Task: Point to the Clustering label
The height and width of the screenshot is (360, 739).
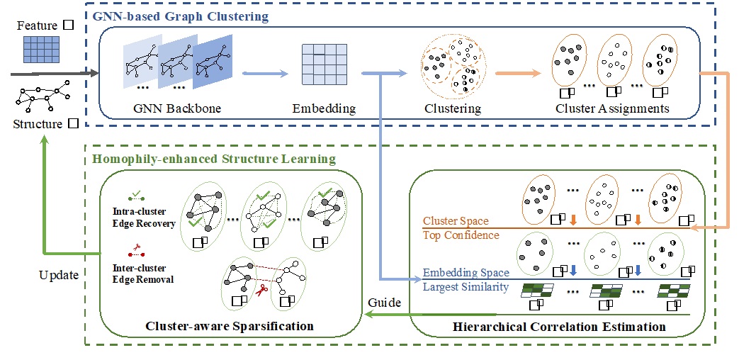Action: pos(452,108)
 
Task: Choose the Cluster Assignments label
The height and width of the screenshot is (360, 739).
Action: pos(612,108)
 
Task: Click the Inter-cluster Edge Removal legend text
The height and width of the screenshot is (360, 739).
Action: pos(142,274)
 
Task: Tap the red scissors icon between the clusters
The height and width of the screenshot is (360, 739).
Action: pos(260,288)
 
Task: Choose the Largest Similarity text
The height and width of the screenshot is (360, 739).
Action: pos(465,286)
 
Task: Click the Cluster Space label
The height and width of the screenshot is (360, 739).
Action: pos(457,221)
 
